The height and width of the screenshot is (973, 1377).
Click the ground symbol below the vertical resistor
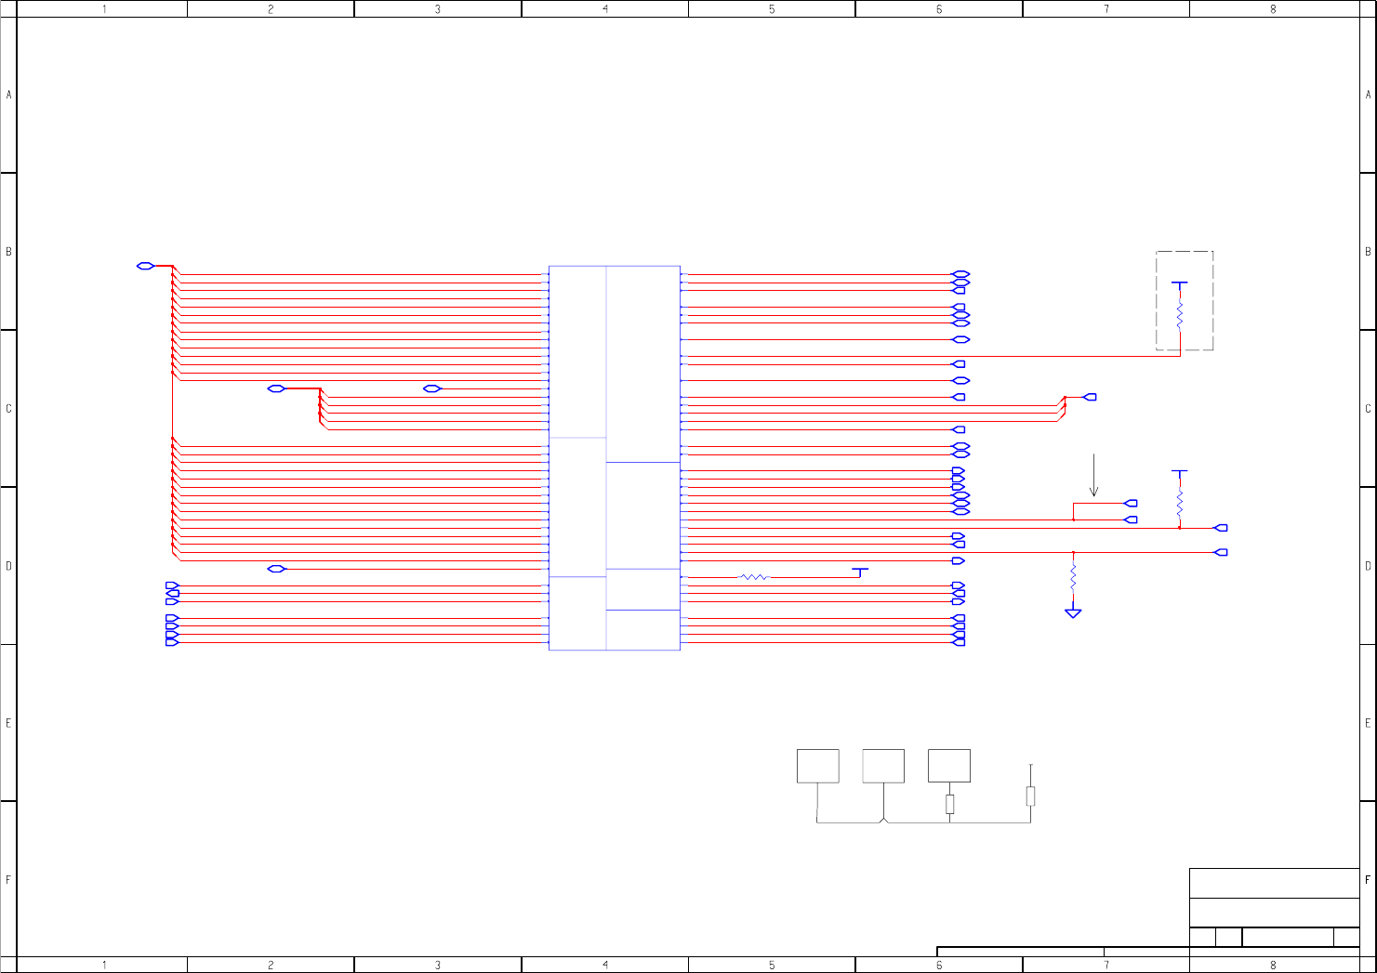pyautogui.click(x=1073, y=613)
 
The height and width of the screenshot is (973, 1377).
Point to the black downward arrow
pyautogui.click(x=1093, y=476)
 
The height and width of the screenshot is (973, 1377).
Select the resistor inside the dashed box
pyautogui.click(x=1180, y=315)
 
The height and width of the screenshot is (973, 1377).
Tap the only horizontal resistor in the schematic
pyautogui.click(x=755, y=577)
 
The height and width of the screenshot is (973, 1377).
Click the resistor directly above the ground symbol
pyautogui.click(x=1073, y=579)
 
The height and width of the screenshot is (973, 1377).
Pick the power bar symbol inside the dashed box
pyautogui.click(x=1180, y=283)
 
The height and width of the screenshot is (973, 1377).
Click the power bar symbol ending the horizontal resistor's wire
pyautogui.click(x=861, y=570)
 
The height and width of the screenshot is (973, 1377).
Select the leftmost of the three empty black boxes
pyautogui.click(x=817, y=766)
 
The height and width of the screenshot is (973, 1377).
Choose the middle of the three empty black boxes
pyautogui.click(x=883, y=766)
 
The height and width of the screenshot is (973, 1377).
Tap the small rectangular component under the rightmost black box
pyautogui.click(x=949, y=804)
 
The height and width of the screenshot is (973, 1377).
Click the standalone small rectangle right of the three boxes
pyautogui.click(x=1030, y=795)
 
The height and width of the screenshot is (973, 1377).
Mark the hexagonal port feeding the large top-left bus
pyautogui.click(x=145, y=266)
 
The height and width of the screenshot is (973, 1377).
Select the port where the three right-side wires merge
pyautogui.click(x=1090, y=397)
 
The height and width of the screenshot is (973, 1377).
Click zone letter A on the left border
pyautogui.click(x=8, y=95)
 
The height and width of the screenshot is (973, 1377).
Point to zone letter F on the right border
pyautogui.click(x=1368, y=879)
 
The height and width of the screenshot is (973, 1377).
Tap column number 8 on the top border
pyautogui.click(x=1273, y=9)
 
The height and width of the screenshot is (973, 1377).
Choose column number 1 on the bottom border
pyautogui.click(x=104, y=966)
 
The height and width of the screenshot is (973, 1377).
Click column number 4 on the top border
pyautogui.click(x=605, y=9)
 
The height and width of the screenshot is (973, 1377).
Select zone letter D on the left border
pyautogui.click(x=8, y=566)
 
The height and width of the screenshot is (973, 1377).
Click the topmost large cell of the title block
pyautogui.click(x=1274, y=883)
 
